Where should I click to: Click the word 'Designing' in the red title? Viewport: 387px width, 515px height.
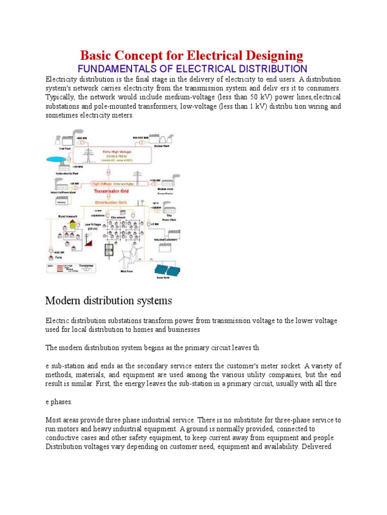[x=268, y=55]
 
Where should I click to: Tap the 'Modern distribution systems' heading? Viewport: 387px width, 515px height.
[x=108, y=301]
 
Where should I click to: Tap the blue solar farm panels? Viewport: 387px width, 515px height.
[x=168, y=271]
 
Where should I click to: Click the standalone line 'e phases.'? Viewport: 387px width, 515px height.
[x=59, y=402]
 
